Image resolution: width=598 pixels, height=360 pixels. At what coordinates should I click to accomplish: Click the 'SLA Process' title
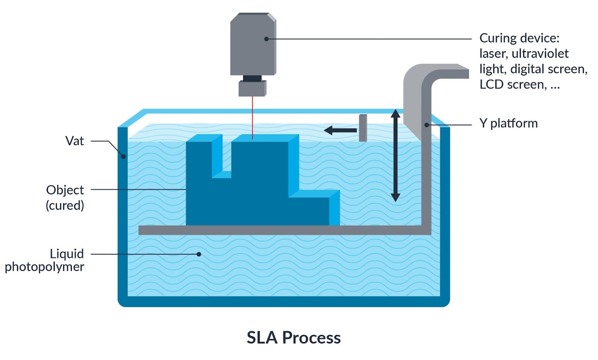tap(294, 337)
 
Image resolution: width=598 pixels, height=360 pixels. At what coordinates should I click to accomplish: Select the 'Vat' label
tap(75, 141)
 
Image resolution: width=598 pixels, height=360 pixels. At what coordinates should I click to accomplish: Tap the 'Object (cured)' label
tap(65, 197)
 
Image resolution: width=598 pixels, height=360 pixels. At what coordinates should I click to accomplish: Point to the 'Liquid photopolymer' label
tap(45, 260)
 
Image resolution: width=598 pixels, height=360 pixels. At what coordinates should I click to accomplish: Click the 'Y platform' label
tap(508, 123)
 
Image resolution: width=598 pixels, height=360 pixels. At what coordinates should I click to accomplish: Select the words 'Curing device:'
tap(519, 38)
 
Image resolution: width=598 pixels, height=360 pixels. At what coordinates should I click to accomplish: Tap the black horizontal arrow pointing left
tap(340, 130)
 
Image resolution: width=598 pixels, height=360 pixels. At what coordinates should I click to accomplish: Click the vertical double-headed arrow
tap(396, 155)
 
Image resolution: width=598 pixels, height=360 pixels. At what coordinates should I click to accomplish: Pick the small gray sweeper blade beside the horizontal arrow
tap(363, 128)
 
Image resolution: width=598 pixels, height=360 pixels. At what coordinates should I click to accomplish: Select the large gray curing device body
tap(253, 45)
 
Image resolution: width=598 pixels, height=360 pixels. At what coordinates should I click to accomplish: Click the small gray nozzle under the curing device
tap(252, 88)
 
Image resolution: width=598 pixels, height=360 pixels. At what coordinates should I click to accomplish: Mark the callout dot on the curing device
tap(266, 39)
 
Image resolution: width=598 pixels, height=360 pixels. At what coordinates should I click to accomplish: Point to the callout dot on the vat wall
tap(123, 156)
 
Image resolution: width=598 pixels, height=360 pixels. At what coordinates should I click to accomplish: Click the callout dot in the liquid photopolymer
tap(199, 254)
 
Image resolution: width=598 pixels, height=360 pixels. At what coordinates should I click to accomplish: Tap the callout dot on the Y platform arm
tap(426, 125)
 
